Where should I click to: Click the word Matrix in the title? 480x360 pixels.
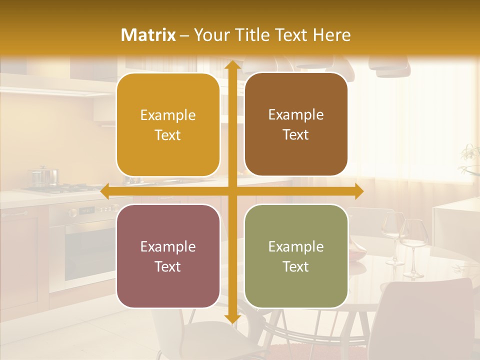[148, 35]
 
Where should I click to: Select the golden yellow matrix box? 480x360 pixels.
[168, 125]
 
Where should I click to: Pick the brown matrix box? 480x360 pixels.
[296, 124]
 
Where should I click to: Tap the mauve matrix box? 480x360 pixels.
[168, 256]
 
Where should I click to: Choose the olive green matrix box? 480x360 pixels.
[296, 256]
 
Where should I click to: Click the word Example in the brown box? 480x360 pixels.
[296, 115]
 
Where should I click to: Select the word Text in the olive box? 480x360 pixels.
[296, 266]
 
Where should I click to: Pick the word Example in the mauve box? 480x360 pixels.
[168, 246]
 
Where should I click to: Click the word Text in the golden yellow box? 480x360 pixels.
[168, 135]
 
